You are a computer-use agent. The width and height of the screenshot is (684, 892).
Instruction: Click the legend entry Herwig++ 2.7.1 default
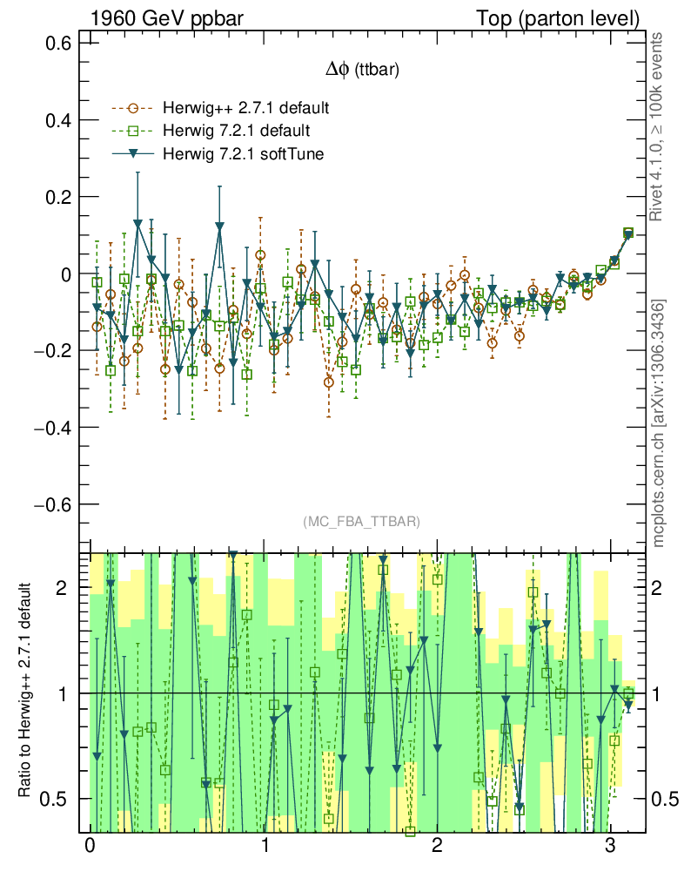click(245, 109)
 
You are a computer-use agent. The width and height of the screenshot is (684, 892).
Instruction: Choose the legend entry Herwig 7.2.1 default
click(236, 131)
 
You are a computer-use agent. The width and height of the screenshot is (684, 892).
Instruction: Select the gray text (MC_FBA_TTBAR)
click(362, 522)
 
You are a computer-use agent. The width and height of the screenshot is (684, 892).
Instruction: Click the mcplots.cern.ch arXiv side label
click(659, 422)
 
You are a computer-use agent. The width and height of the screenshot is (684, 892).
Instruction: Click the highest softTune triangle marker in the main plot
click(137, 224)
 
